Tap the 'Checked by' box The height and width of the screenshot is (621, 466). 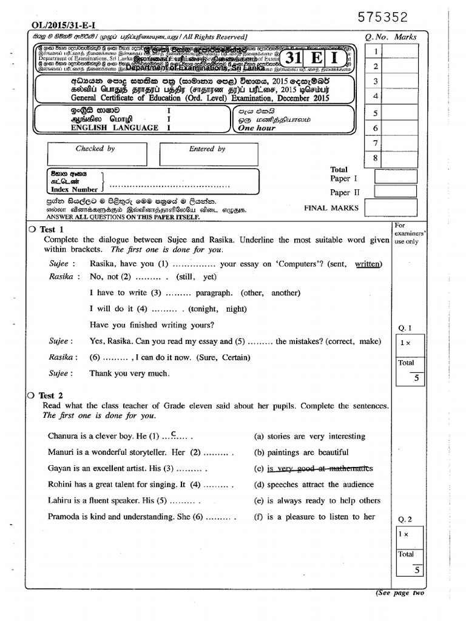(x=95, y=154)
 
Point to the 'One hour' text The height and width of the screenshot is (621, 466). (x=257, y=128)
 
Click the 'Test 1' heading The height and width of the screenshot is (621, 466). (x=52, y=229)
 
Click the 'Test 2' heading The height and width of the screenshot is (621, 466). (x=52, y=395)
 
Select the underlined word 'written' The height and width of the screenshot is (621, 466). (x=368, y=264)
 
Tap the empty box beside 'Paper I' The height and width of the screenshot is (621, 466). (x=396, y=176)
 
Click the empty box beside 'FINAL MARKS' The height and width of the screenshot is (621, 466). (x=391, y=208)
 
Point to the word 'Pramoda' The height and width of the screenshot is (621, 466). (x=64, y=517)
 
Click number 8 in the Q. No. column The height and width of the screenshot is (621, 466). (x=376, y=158)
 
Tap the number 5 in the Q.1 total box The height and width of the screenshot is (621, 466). (x=416, y=378)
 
